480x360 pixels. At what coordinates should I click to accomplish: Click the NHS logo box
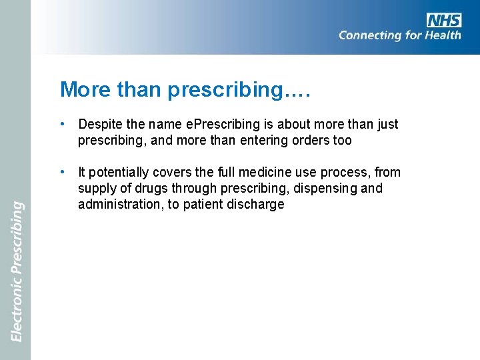[444, 20]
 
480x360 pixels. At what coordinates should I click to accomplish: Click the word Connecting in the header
[369, 35]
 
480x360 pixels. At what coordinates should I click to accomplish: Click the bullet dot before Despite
[61, 124]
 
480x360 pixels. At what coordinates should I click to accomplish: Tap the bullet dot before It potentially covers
[61, 172]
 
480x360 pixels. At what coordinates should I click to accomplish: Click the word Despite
[101, 124]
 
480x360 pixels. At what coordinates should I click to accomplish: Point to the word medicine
[266, 172]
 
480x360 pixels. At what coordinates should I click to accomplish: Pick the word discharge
[257, 205]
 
